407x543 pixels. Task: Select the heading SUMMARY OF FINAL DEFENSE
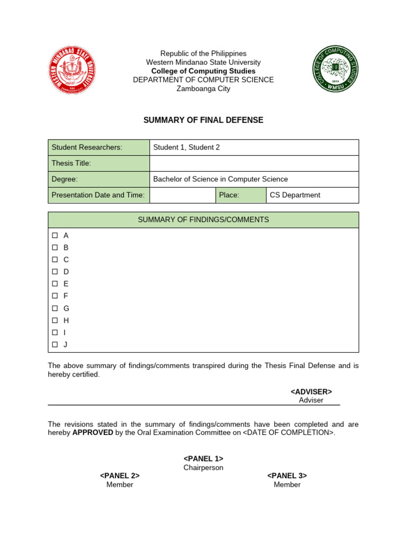[x=203, y=120]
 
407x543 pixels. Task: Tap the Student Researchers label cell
[x=99, y=147]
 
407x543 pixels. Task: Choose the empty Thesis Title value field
[x=254, y=163]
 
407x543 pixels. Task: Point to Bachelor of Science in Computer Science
[x=220, y=179]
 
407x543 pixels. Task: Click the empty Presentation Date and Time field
[x=183, y=195]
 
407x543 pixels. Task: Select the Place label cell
[x=241, y=195]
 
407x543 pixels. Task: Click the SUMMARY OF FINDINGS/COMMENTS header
[x=203, y=220]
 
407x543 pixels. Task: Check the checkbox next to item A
[x=55, y=235]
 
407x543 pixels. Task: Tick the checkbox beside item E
[x=55, y=284]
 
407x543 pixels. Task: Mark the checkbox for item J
[x=55, y=345]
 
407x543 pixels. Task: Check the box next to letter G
[x=55, y=308]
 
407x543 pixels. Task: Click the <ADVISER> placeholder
[x=311, y=391]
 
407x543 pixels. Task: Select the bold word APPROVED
[x=93, y=432]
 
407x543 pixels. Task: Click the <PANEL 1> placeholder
[x=203, y=458]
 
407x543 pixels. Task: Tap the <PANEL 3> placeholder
[x=287, y=476]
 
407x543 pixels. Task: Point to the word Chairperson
[x=203, y=468]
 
